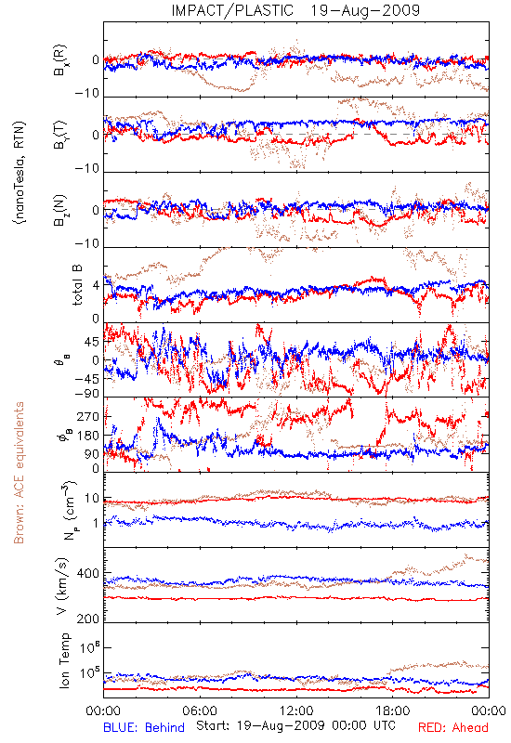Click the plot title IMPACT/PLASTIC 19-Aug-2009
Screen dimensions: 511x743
pyautogui.click(x=295, y=10)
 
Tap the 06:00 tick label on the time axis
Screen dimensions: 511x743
pyautogui.click(x=200, y=710)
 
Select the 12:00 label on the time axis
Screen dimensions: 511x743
pyautogui.click(x=296, y=710)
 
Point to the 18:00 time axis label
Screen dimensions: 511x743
pyautogui.click(x=393, y=710)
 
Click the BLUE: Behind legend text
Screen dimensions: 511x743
pyautogui.click(x=144, y=727)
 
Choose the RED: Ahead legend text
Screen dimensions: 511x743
pyautogui.click(x=452, y=727)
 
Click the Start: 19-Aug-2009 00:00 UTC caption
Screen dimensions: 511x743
pyautogui.click(x=295, y=725)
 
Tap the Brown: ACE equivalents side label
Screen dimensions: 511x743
pyautogui.click(x=19, y=473)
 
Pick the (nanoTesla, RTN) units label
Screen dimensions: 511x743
pyautogui.click(x=20, y=173)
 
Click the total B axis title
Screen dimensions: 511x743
pyautogui.click(x=76, y=284)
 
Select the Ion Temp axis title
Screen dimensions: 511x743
pyautogui.click(x=65, y=660)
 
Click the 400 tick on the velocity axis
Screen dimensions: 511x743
pyautogui.click(x=88, y=574)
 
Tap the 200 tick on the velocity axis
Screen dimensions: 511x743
pyautogui.click(x=88, y=619)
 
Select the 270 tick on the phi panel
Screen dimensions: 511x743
pyautogui.click(x=88, y=416)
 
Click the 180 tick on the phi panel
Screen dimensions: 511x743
pyautogui.click(x=88, y=436)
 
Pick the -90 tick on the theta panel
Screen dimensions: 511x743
pyautogui.click(x=87, y=394)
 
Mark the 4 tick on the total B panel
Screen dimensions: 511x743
pyautogui.click(x=97, y=286)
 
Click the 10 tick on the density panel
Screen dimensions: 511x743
pyautogui.click(x=92, y=499)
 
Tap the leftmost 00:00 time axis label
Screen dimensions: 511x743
pyautogui.click(x=103, y=710)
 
